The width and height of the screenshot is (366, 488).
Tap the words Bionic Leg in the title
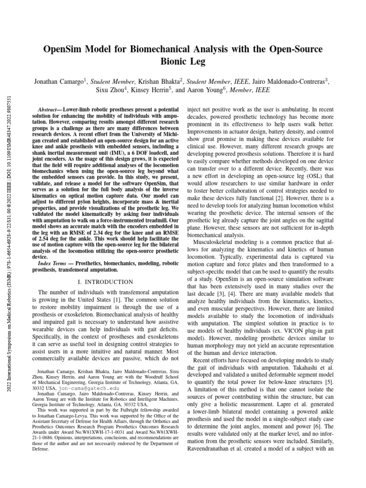point(183,62)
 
